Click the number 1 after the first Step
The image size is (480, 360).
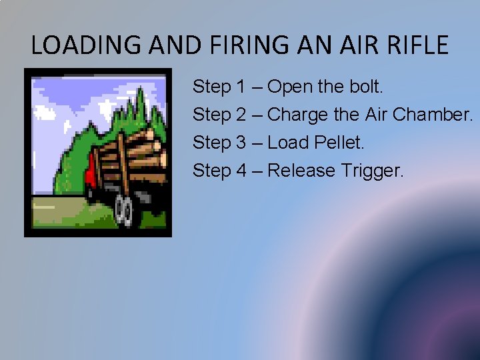click(241, 87)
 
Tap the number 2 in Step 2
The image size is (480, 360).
click(241, 115)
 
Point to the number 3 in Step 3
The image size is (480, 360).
click(241, 143)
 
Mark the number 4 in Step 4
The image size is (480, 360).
click(241, 171)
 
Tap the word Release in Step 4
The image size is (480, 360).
click(302, 171)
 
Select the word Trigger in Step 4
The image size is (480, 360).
click(373, 171)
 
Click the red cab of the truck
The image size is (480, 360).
click(90, 173)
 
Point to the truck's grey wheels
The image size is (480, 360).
click(124, 209)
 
